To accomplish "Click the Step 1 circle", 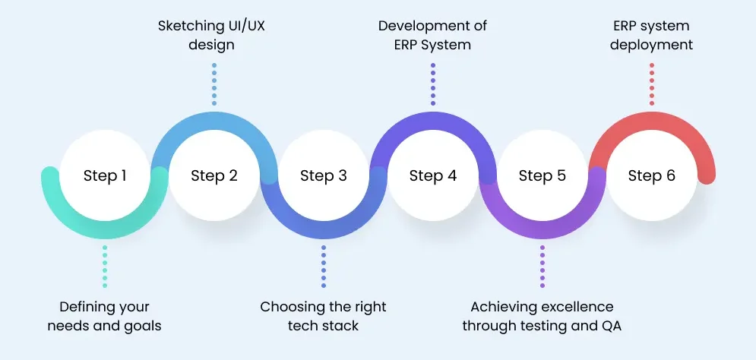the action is click(105, 175).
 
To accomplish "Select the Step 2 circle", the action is click(214, 175).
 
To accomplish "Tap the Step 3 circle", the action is click(324, 175).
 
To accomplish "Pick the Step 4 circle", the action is click(433, 175).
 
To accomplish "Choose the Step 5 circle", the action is click(542, 175).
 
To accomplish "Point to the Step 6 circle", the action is click(652, 175).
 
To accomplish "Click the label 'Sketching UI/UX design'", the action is click(212, 35).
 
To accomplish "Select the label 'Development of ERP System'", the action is click(432, 35).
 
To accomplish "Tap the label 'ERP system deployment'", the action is click(651, 35).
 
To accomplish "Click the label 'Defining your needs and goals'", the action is click(105, 316).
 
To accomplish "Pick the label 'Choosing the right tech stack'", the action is click(323, 316).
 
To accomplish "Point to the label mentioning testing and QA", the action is click(542, 316).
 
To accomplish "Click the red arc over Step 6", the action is click(652, 121).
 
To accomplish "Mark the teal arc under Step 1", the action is click(105, 230).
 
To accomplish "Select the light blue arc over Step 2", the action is click(214, 121).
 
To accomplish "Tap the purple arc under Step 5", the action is click(542, 230).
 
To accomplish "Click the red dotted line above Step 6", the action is click(652, 84).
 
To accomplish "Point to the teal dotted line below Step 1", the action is click(105, 267).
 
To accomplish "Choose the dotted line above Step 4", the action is click(433, 84).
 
